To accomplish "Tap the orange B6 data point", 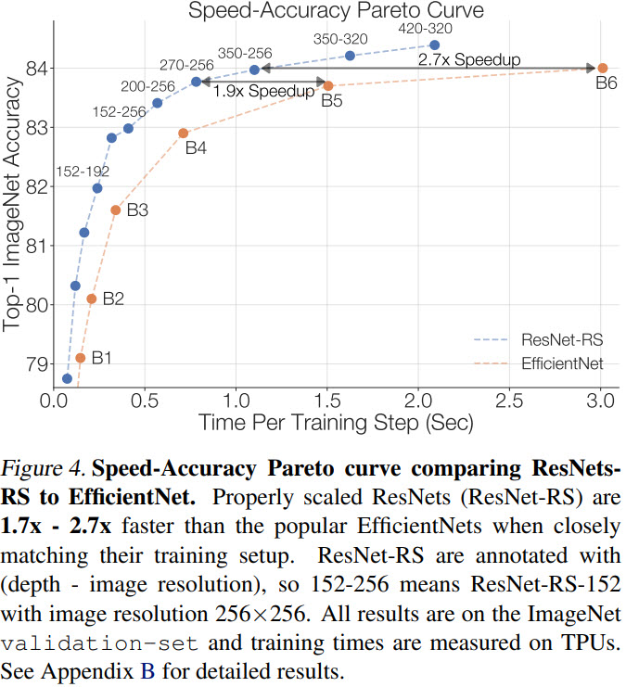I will click(x=602, y=68).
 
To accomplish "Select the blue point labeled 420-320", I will click(x=435, y=45).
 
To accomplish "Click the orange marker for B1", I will click(x=81, y=358).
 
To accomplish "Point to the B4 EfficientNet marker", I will click(x=183, y=134).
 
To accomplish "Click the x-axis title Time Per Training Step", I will click(x=336, y=423).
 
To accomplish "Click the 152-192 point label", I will click(x=83, y=171).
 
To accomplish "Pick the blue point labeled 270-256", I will click(x=197, y=82).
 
